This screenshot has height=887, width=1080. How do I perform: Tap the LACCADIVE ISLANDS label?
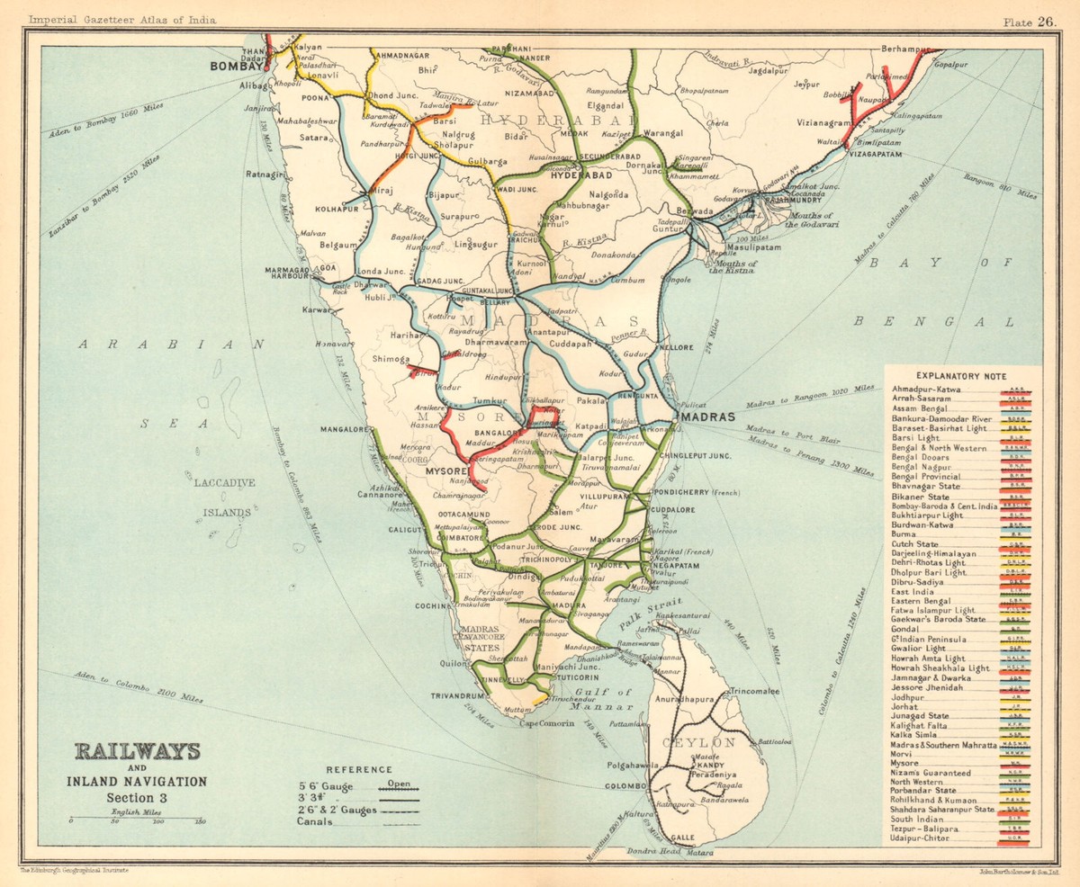pos(225,497)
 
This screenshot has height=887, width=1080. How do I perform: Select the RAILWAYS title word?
pos(138,751)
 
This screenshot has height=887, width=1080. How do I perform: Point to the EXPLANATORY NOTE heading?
pos(961,376)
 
